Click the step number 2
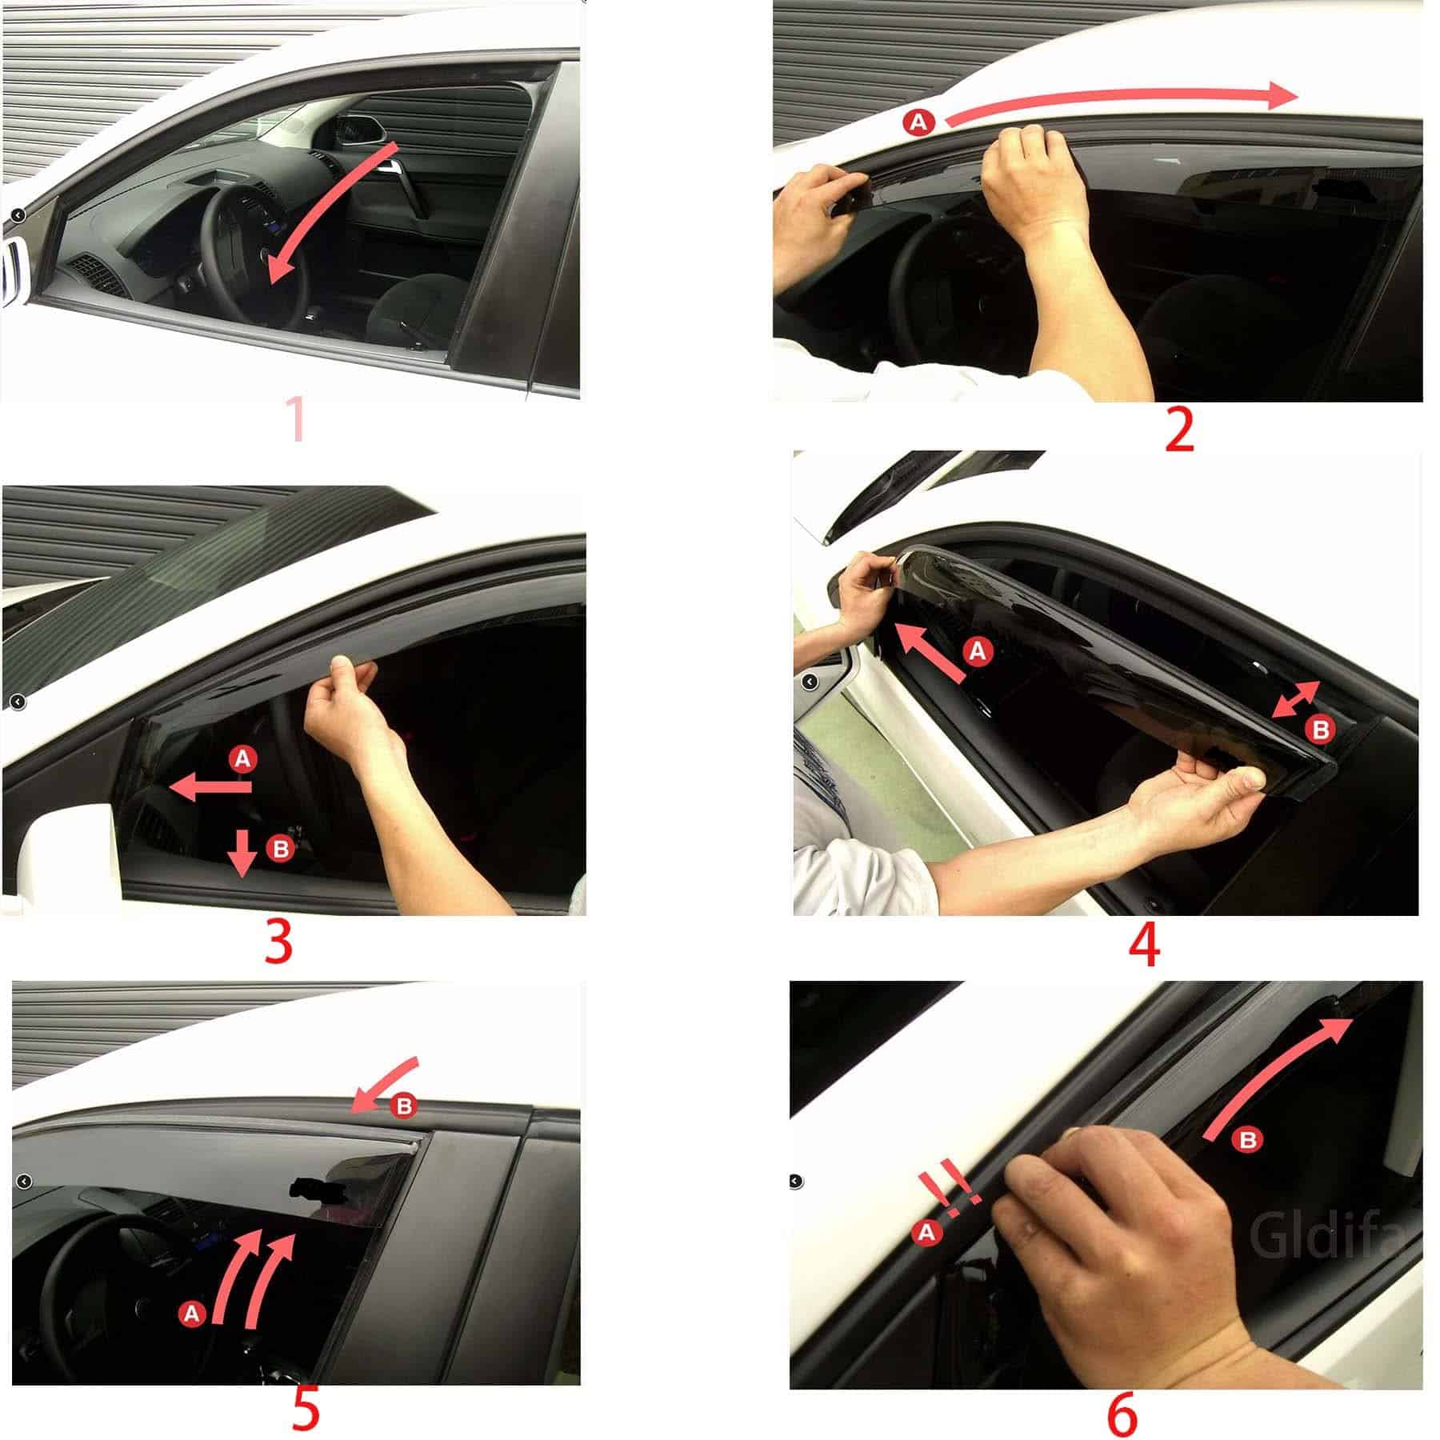pos(1179,430)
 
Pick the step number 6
pos(1122,1414)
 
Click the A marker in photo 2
pos(919,122)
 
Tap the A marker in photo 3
pos(243,758)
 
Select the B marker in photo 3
pos(281,849)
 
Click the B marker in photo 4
pos(1321,729)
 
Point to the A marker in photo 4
pos(978,652)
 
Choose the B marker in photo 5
pos(404,1106)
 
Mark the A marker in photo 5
pos(191,1313)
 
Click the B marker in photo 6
pos(1248,1139)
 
